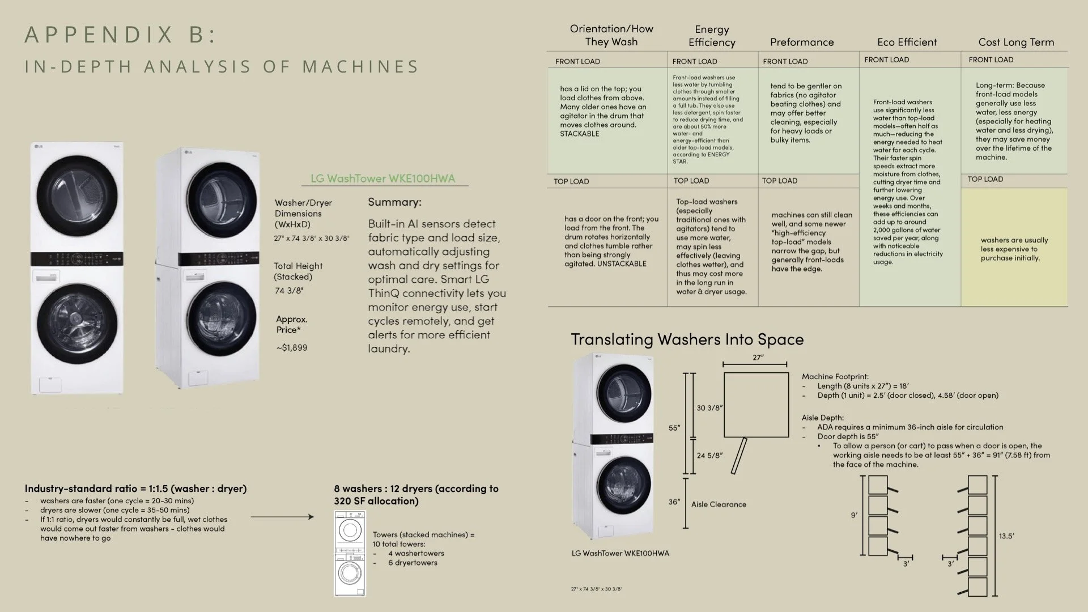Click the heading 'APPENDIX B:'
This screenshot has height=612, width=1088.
pyautogui.click(x=120, y=35)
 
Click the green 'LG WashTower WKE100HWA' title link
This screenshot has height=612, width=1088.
pyautogui.click(x=382, y=178)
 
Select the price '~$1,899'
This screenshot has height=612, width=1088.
pyautogui.click(x=292, y=347)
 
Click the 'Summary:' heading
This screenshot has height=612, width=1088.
pyautogui.click(x=394, y=202)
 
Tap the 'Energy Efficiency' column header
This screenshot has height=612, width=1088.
pyautogui.click(x=712, y=36)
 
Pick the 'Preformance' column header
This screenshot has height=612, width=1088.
pyautogui.click(x=801, y=42)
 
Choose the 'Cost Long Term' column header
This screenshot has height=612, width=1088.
pyautogui.click(x=1015, y=42)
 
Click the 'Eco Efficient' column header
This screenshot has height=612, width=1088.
pyautogui.click(x=907, y=42)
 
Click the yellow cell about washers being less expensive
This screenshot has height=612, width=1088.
pyautogui.click(x=1014, y=249)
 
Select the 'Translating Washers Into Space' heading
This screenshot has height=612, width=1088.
pyautogui.click(x=687, y=339)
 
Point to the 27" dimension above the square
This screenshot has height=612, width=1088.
pyautogui.click(x=758, y=358)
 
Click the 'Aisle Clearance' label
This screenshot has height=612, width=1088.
pyautogui.click(x=719, y=504)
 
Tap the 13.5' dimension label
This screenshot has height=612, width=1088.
pyautogui.click(x=1006, y=536)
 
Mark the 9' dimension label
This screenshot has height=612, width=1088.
pyautogui.click(x=854, y=515)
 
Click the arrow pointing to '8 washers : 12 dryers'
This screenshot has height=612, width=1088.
pyautogui.click(x=282, y=517)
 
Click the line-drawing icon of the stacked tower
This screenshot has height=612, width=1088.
pyautogui.click(x=350, y=554)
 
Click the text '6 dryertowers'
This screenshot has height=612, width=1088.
pyautogui.click(x=413, y=563)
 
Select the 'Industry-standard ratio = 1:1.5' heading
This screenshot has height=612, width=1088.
pyautogui.click(x=135, y=488)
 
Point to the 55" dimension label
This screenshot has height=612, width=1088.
pyautogui.click(x=674, y=428)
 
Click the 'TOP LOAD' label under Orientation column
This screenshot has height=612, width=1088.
pyautogui.click(x=571, y=181)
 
